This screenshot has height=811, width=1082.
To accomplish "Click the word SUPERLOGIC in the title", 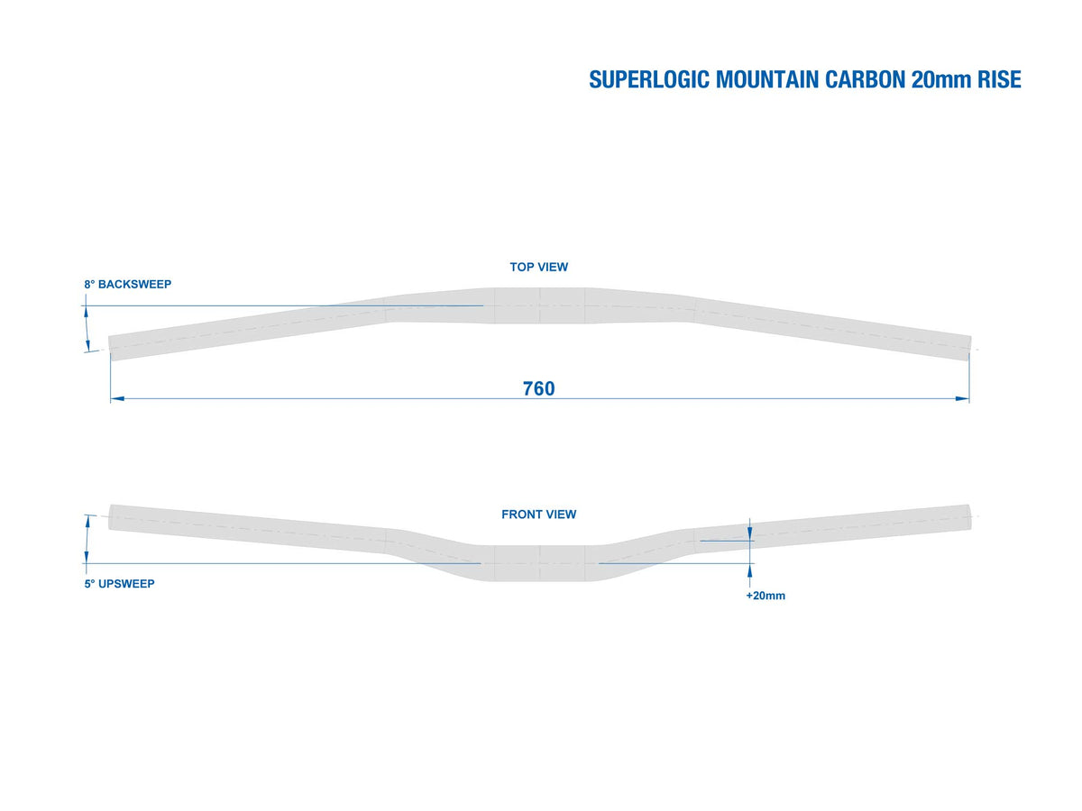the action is tap(649, 80).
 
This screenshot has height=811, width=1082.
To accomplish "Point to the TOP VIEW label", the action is tap(539, 267).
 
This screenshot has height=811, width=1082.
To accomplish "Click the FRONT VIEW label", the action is tap(539, 514).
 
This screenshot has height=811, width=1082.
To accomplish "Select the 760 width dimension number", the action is tap(539, 388).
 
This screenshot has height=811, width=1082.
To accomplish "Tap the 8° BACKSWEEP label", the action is tap(128, 284).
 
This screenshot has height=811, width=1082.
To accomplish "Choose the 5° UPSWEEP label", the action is tap(119, 584).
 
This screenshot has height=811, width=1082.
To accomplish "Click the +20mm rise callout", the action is tap(766, 596).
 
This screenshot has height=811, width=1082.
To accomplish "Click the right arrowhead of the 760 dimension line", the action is tap(962, 398).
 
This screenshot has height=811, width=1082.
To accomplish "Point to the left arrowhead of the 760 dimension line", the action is tap(117, 398).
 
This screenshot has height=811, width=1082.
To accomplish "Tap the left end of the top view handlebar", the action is tap(110, 348).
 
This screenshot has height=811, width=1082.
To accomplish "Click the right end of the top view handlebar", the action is tap(969, 348).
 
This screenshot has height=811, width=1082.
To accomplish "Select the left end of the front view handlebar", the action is tap(110, 517).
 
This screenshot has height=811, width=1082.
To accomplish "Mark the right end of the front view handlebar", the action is tap(969, 517).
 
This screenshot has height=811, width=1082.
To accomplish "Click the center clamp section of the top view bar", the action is tap(540, 305).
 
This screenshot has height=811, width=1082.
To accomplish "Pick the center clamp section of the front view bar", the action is tap(540, 563).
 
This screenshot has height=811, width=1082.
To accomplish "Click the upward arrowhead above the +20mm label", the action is tap(750, 571).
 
